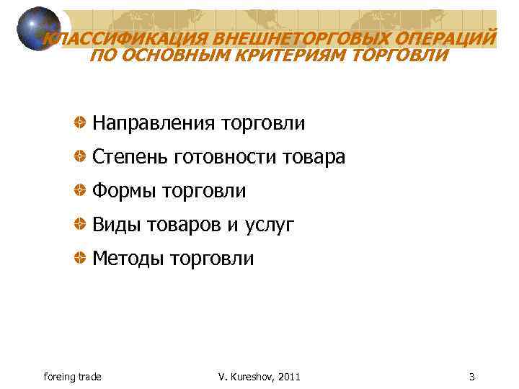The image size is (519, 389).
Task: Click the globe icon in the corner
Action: click(38, 29)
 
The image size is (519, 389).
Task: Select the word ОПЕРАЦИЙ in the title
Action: click(446, 38)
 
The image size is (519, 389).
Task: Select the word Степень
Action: click(130, 157)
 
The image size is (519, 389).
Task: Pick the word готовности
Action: click(227, 157)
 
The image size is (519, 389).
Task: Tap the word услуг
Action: click(270, 225)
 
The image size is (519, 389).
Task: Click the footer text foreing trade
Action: click(73, 377)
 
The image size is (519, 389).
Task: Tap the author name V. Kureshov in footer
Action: click(249, 377)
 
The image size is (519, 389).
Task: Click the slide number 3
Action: click(471, 377)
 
